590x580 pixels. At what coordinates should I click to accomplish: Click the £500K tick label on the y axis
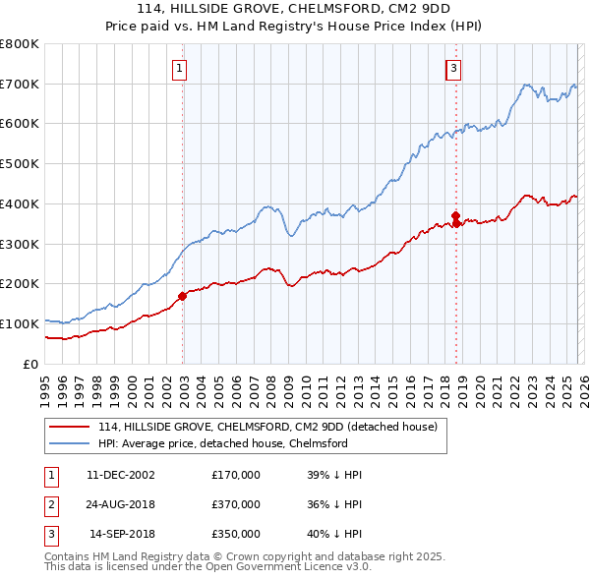[20, 164]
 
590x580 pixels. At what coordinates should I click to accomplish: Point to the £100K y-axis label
[20, 323]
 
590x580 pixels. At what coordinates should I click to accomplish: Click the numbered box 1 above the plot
[182, 69]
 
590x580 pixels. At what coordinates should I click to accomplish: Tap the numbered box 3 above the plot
[454, 69]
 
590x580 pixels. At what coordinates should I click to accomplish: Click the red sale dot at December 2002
[183, 295]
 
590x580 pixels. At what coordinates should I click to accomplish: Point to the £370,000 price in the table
[235, 504]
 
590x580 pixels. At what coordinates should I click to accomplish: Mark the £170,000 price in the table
[235, 475]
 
